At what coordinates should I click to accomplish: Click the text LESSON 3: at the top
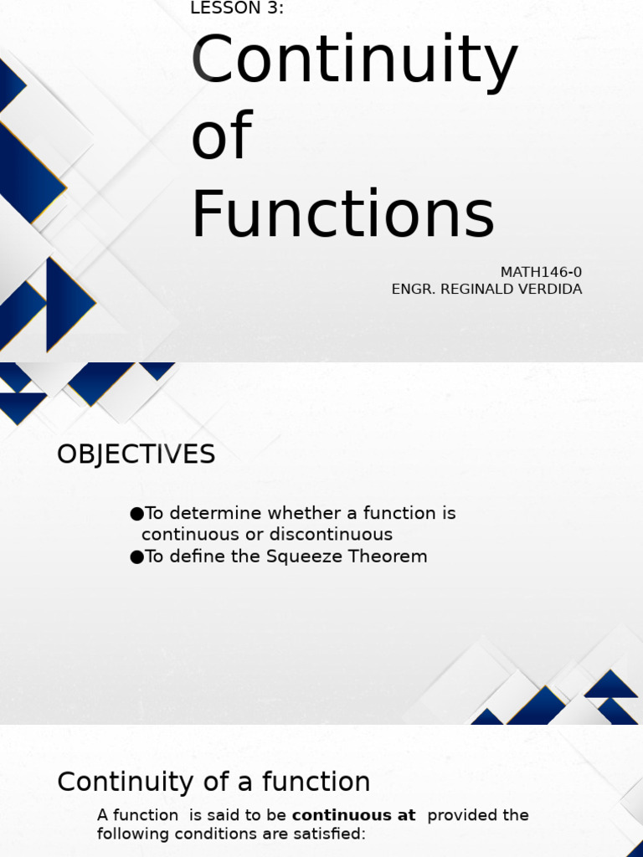click(x=237, y=8)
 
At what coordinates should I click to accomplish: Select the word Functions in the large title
click(x=342, y=214)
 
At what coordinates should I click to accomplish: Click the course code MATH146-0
click(x=541, y=272)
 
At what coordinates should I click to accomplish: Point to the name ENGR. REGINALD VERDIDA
click(x=486, y=290)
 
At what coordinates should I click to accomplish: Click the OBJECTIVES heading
click(x=136, y=454)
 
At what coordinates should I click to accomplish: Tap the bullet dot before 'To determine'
click(x=136, y=514)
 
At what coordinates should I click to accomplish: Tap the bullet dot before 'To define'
click(x=136, y=557)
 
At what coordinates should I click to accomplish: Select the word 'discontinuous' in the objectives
click(x=337, y=535)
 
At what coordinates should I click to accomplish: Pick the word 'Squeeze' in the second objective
click(x=301, y=557)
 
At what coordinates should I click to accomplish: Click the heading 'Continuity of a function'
click(x=213, y=782)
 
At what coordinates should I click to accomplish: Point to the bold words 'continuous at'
click(x=353, y=815)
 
